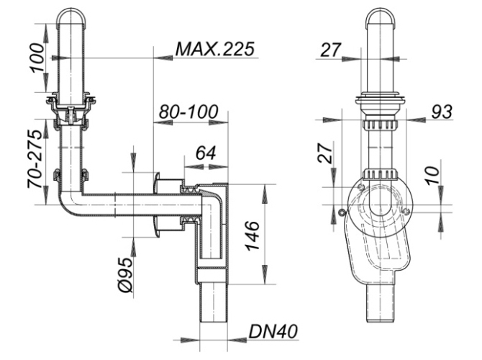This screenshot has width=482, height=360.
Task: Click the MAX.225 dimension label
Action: coord(215,49)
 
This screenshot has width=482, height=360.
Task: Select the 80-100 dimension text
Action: coord(188,112)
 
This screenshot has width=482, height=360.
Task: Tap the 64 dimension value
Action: coord(206,153)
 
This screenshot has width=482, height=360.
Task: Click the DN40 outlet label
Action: coord(273,332)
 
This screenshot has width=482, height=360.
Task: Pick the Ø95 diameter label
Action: coord(125,275)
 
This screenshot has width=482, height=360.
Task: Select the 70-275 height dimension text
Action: coord(34,159)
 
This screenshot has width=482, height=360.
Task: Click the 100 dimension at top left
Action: coord(37,58)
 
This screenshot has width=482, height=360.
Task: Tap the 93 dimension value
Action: coord(442,112)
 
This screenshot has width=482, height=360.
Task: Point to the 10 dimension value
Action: coord(433,175)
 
